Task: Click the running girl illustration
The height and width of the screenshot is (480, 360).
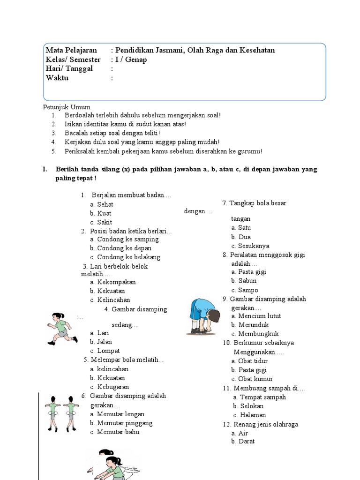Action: [x=62, y=329]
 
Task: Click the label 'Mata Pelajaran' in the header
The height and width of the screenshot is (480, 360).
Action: [x=71, y=50]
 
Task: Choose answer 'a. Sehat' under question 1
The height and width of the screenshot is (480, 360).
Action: [x=102, y=204]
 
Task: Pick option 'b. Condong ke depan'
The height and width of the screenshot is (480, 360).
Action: [x=124, y=248]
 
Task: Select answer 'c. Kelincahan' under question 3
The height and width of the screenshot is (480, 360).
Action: [x=110, y=300]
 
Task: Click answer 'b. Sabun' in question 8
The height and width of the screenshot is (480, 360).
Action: [x=244, y=281]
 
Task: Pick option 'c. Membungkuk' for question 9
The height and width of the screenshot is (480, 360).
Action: [x=255, y=334]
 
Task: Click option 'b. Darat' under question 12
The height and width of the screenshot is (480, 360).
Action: [x=243, y=442]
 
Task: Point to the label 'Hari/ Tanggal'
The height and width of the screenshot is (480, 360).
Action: [x=69, y=69]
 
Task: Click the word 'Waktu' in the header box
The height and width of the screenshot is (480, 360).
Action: [x=57, y=78]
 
